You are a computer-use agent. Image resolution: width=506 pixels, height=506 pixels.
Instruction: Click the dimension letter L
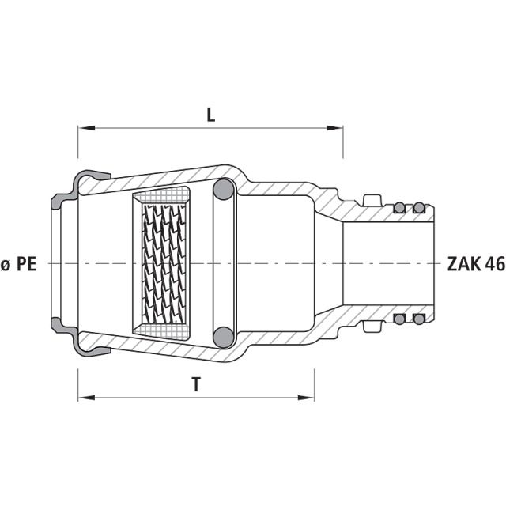click(210, 115)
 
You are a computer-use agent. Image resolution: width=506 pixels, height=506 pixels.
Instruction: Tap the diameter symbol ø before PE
click(6, 265)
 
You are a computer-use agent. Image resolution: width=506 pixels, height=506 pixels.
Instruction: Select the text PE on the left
click(28, 265)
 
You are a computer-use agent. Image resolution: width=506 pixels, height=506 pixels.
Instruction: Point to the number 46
click(495, 264)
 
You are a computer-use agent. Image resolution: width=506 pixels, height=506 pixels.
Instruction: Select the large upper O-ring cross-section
click(224, 190)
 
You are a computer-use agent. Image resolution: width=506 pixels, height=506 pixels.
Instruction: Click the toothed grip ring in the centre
click(165, 262)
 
